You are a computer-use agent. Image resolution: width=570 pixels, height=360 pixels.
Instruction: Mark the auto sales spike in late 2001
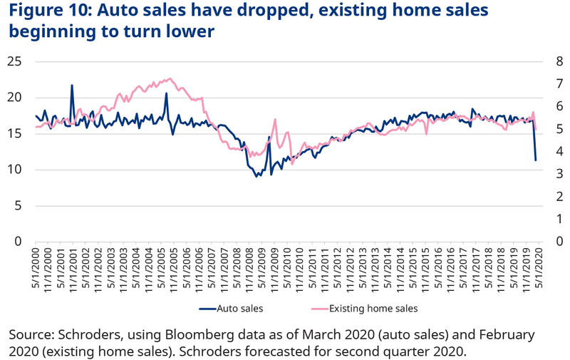pyautogui.click(x=72, y=86)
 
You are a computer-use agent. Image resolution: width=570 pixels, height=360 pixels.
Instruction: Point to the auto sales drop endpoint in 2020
pyautogui.click(x=536, y=160)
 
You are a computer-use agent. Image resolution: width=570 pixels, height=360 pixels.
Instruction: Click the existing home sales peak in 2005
pyautogui.click(x=169, y=78)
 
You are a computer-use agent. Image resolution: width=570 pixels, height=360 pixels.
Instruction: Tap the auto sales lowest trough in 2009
pyautogui.click(x=257, y=176)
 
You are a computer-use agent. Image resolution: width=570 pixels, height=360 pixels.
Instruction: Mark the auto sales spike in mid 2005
pyautogui.click(x=167, y=93)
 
